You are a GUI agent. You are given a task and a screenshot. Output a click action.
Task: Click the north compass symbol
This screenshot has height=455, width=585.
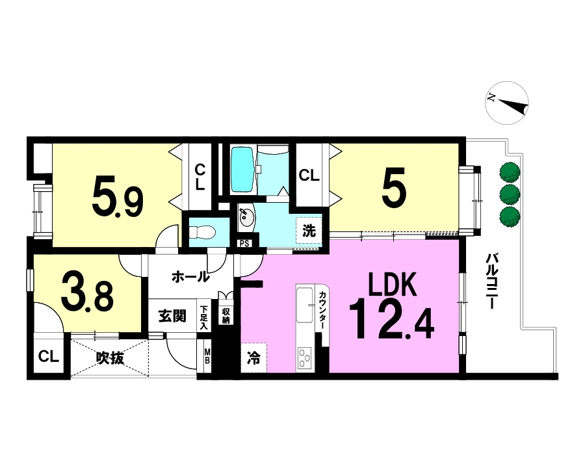506,103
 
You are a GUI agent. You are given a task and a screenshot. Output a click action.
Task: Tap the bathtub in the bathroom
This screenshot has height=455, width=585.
242,170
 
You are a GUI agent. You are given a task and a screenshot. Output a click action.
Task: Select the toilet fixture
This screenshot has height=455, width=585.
203,233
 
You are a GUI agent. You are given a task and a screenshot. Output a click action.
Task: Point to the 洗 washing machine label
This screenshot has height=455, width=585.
309,231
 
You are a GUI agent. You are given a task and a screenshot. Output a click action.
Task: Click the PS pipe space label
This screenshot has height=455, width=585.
244,244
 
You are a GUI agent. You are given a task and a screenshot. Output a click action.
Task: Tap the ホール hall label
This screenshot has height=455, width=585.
190,277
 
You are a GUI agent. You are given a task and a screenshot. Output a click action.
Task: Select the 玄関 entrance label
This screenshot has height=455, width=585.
172,317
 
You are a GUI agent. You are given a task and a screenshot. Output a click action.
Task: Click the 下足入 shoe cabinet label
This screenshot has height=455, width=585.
203,318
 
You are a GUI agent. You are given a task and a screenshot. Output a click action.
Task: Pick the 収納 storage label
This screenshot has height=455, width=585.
226,315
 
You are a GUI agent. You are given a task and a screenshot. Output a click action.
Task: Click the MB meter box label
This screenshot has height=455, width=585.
207,356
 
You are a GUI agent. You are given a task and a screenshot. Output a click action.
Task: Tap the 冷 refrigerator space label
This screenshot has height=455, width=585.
253,359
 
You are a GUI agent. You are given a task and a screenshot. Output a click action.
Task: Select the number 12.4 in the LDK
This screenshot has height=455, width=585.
391,323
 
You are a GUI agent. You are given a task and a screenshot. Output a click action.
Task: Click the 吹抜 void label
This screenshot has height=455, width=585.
110,358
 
